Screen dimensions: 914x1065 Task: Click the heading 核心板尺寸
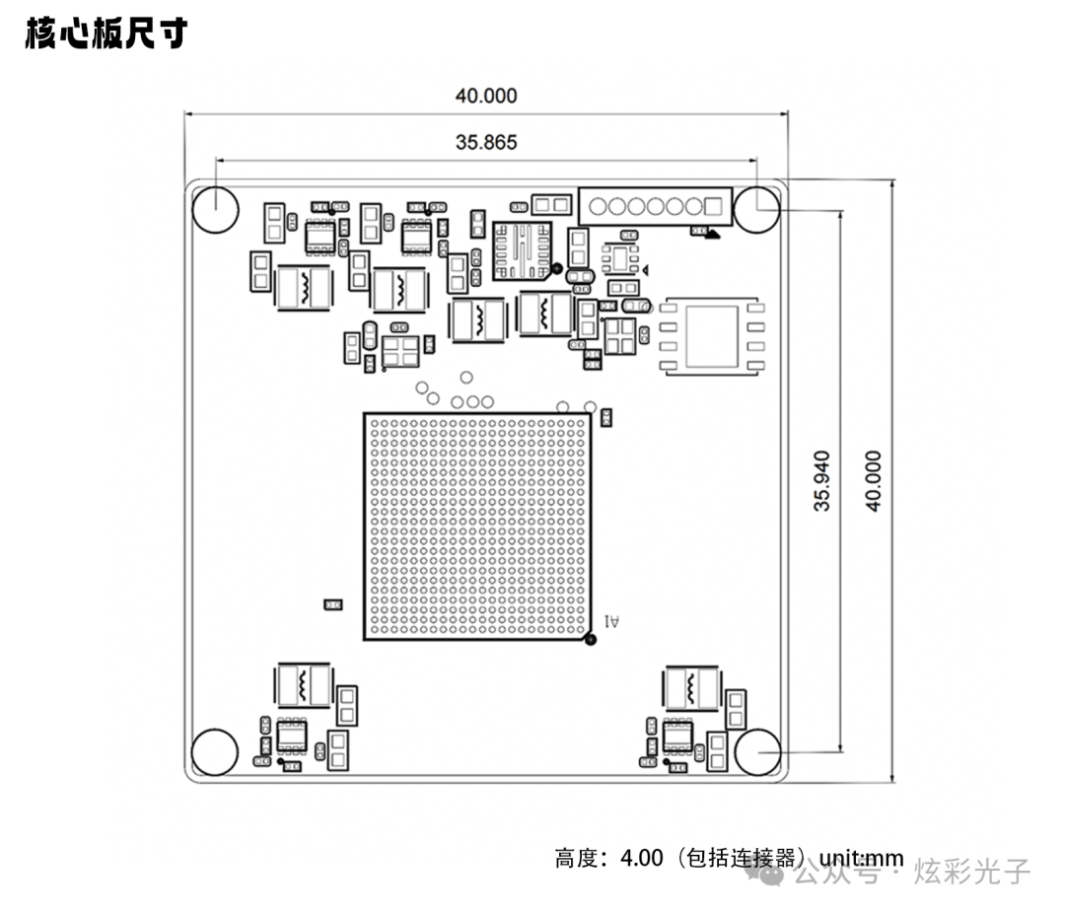106,34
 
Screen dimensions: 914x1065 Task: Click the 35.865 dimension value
485,142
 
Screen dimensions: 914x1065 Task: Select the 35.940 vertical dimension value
821,480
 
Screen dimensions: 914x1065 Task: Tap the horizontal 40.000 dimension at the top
485,96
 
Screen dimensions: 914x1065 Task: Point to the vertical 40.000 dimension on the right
872,480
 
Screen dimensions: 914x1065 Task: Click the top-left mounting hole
214,209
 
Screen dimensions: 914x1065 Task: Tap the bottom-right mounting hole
758,753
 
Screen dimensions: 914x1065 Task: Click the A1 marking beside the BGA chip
612,621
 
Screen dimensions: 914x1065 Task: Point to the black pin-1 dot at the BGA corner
591,640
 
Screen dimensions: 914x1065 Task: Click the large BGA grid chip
477,527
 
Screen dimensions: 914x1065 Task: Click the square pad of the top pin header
714,207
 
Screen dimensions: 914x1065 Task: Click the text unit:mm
861,858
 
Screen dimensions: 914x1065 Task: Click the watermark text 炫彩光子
971,872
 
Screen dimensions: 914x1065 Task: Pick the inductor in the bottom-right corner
691,686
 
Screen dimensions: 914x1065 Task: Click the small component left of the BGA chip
333,603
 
